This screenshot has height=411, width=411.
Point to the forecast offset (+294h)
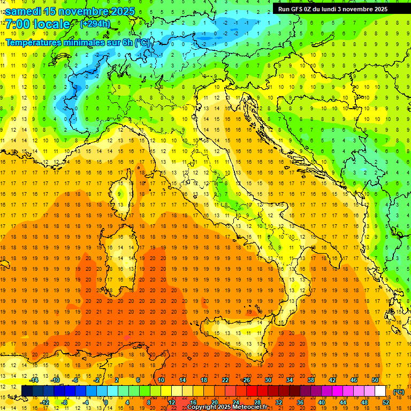click(x=95, y=24)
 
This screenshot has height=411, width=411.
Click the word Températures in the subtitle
click(x=34, y=42)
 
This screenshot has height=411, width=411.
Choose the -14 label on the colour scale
click(x=35, y=380)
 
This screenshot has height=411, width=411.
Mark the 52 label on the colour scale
click(x=386, y=402)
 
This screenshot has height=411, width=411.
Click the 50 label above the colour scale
click(x=375, y=380)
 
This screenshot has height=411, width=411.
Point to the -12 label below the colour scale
click(x=45, y=402)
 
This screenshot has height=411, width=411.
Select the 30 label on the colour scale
click(x=268, y=380)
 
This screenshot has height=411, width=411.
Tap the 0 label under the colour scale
click(x=106, y=402)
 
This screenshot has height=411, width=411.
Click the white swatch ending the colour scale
click(x=380, y=391)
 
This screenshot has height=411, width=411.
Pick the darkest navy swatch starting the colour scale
click(x=27, y=391)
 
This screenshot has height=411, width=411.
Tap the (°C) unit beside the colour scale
click(x=398, y=392)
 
